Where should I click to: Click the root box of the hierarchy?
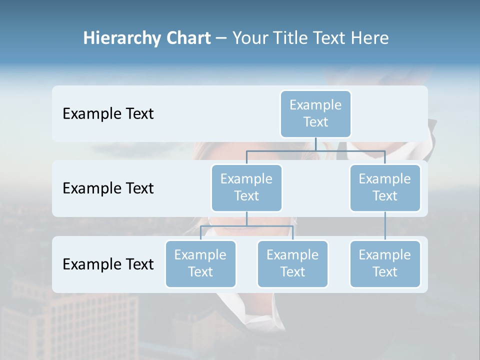click(315, 113)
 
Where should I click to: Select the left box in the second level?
click(246, 187)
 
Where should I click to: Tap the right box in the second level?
click(385, 187)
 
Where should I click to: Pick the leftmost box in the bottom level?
click(200, 263)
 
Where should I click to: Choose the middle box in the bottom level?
click(292, 263)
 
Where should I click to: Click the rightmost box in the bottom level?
click(385, 263)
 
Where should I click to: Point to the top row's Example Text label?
click(108, 114)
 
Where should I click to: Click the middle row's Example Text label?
click(108, 188)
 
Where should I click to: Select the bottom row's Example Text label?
click(108, 264)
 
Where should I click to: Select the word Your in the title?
click(250, 38)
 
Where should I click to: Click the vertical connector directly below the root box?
click(315, 144)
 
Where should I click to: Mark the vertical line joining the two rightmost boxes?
click(385, 226)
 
